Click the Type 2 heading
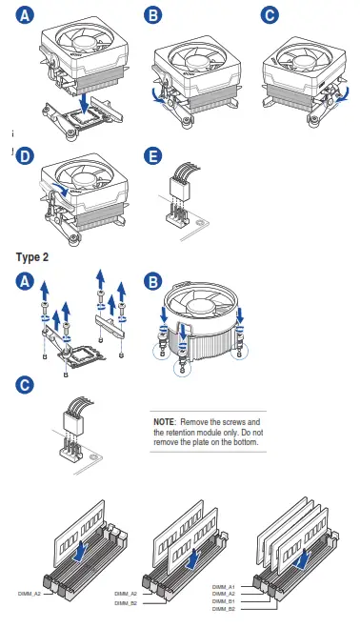(x=32, y=257)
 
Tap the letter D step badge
(x=25, y=155)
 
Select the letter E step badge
(x=153, y=155)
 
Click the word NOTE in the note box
(x=164, y=422)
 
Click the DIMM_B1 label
(x=224, y=601)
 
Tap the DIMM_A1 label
(x=224, y=587)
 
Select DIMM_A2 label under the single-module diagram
(x=30, y=594)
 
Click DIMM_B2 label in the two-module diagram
(x=126, y=603)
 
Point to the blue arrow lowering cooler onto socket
(x=84, y=103)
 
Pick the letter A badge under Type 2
(x=25, y=281)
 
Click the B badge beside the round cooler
(x=153, y=281)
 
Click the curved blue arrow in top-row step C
(x=344, y=94)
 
